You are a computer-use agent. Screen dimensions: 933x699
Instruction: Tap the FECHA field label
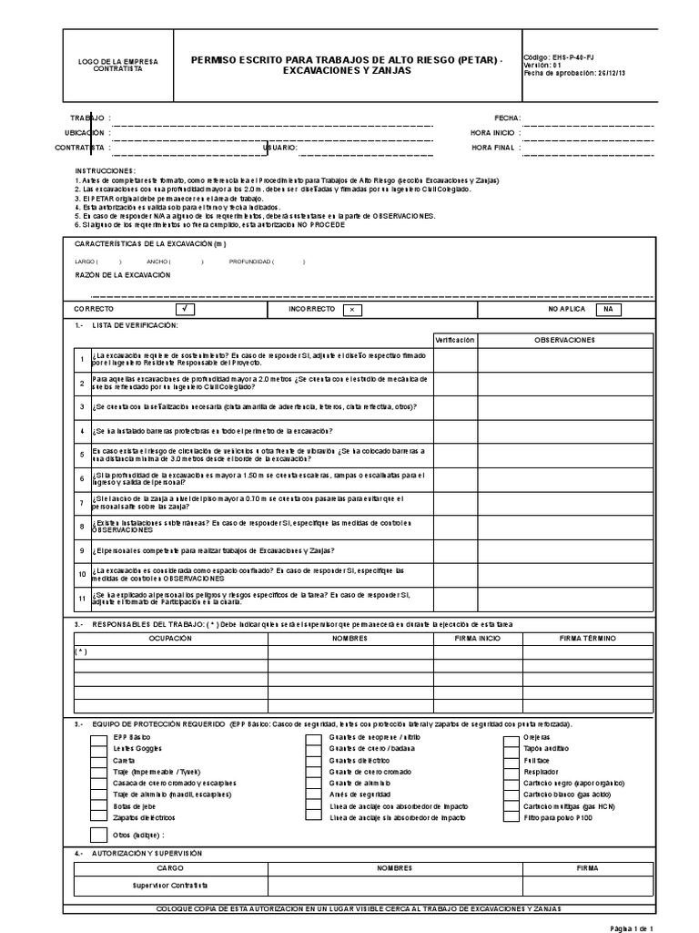[507, 118]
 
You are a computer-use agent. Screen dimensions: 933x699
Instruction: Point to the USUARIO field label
[279, 147]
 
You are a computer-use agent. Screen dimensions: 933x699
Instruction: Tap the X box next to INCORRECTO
[349, 310]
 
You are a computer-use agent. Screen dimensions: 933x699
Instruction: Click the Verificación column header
[455, 340]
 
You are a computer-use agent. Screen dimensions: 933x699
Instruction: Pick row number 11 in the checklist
[81, 598]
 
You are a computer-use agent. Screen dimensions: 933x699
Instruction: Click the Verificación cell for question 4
[455, 431]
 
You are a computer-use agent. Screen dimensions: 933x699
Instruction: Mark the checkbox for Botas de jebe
[97, 806]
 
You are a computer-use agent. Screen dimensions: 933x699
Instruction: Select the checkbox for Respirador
[510, 771]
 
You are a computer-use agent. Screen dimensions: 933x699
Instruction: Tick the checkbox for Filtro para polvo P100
[510, 818]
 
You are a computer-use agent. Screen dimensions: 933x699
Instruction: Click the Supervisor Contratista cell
[170, 886]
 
